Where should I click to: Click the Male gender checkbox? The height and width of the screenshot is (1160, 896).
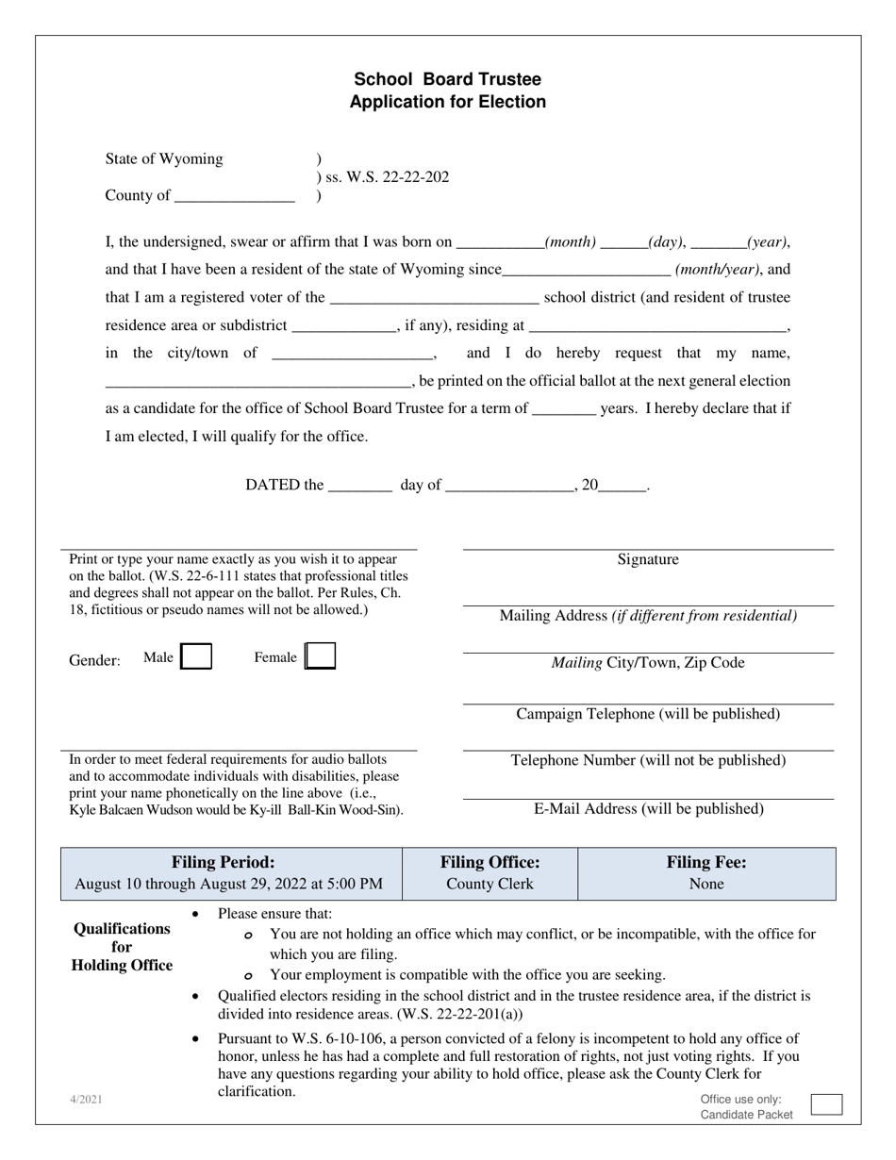[196, 657]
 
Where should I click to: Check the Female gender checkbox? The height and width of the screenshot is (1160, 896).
[322, 656]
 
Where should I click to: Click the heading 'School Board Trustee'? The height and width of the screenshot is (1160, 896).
[447, 79]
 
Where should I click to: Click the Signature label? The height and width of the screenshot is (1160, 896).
[648, 559]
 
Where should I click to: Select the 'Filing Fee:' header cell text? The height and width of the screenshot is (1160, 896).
[706, 862]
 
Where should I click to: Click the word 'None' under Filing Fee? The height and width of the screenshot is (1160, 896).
[706, 884]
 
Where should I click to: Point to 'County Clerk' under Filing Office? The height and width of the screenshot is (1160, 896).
[489, 884]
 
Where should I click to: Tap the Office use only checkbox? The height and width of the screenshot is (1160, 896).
[826, 1104]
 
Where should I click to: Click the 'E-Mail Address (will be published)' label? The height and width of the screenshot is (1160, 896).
[648, 809]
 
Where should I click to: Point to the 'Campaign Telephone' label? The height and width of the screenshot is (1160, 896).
[648, 714]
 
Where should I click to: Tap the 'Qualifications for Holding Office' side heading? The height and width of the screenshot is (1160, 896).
[123, 947]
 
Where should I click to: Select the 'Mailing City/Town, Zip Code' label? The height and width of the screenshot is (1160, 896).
[648, 663]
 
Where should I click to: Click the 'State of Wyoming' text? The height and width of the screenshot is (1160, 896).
[164, 158]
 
